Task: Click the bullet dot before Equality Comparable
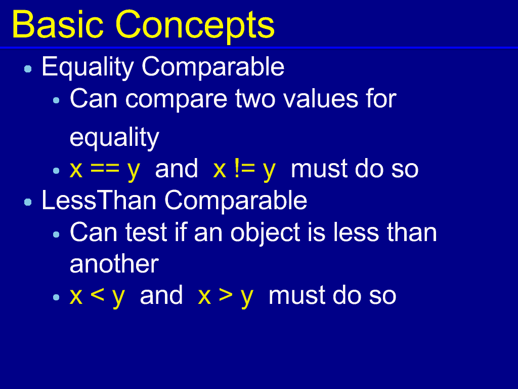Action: [28, 69]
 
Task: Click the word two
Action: [255, 99]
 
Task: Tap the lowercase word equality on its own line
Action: [115, 138]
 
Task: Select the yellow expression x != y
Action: [244, 170]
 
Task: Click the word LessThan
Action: [99, 200]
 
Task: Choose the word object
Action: [265, 233]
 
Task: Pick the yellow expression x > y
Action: [226, 296]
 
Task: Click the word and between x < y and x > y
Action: [161, 295]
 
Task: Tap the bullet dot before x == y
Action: [56, 171]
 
